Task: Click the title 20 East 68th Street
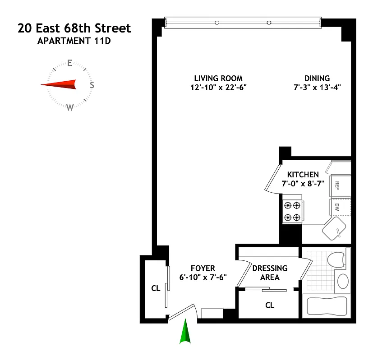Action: tap(74, 28)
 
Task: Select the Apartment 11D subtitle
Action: tap(74, 42)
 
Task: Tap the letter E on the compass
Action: tap(70, 63)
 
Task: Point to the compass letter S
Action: tap(92, 85)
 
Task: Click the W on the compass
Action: tap(70, 107)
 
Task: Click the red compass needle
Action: tap(59, 84)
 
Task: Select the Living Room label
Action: tap(218, 78)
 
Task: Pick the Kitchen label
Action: tap(303, 175)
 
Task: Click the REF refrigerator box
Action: tap(336, 185)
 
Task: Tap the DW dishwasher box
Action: tap(336, 208)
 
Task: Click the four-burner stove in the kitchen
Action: tap(292, 211)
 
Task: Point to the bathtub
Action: tap(325, 305)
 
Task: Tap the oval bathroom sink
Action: tap(343, 281)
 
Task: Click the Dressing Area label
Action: tap(270, 273)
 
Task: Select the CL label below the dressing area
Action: tap(269, 305)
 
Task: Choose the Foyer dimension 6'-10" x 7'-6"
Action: tap(203, 277)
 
